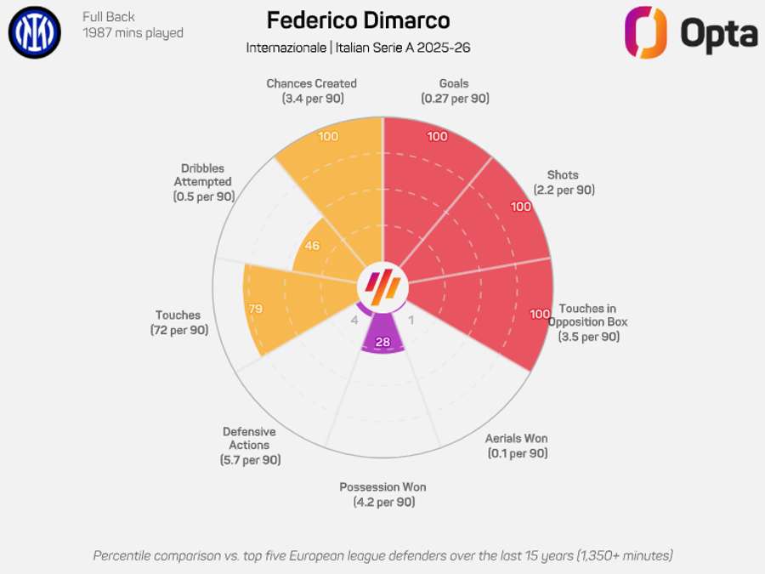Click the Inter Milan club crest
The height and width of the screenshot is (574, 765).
[x=35, y=31]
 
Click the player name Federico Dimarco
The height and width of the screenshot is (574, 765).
[x=358, y=20]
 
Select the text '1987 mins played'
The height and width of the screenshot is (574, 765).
[x=133, y=33]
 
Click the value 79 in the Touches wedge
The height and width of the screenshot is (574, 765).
[x=255, y=308]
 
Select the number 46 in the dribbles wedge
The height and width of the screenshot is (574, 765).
[x=311, y=246]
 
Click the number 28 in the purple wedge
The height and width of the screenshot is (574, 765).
[x=382, y=342]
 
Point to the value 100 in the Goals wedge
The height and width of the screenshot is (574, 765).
[x=437, y=137]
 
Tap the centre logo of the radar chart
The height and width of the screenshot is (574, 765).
[x=382, y=284]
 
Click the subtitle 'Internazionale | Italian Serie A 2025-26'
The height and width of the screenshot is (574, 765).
[x=358, y=48]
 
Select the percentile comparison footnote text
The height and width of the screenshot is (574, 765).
[x=382, y=555]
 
